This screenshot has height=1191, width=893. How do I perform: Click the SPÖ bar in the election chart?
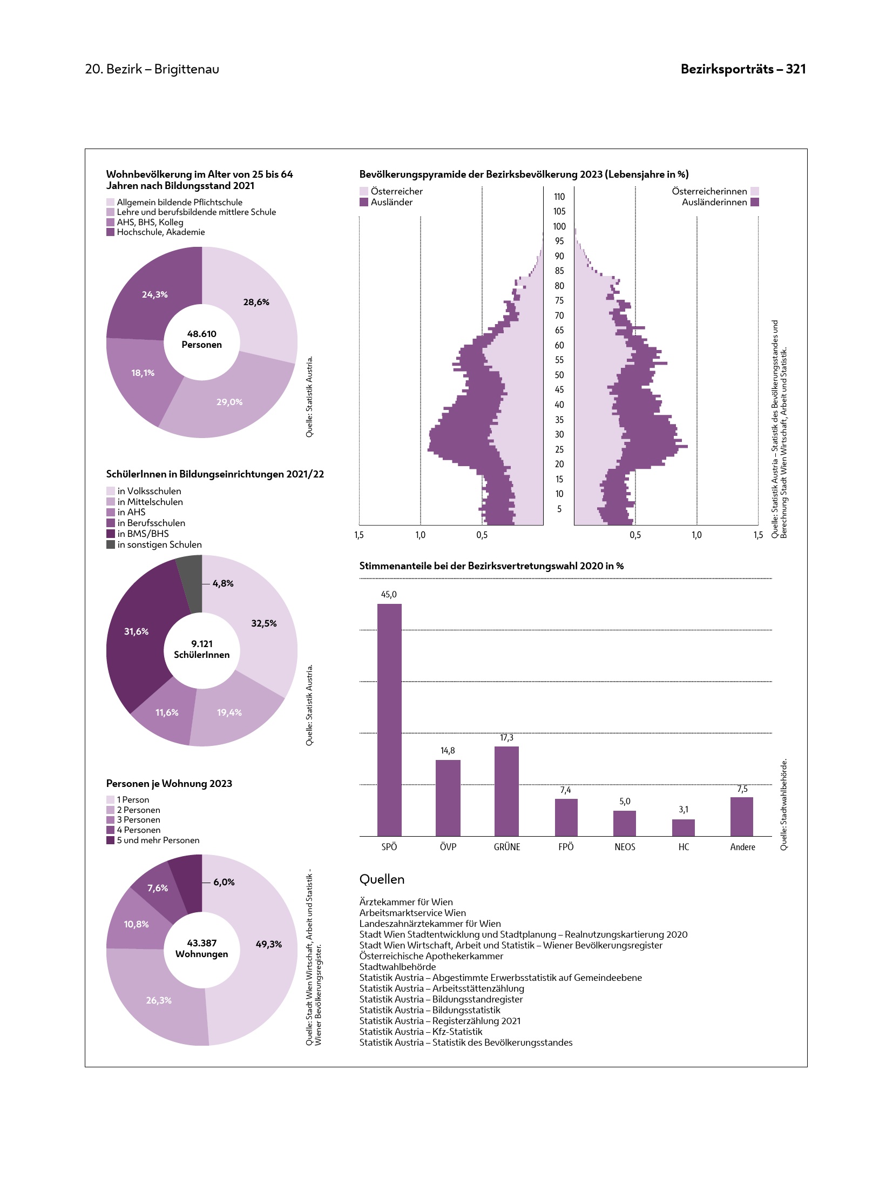(x=389, y=719)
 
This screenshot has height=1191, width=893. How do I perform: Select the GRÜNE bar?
(x=506, y=791)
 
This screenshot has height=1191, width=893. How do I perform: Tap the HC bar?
(x=683, y=827)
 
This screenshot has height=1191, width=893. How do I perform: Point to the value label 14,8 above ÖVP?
(x=448, y=750)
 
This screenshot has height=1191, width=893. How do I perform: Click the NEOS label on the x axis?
(x=625, y=847)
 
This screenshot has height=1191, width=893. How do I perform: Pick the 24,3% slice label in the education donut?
(x=155, y=294)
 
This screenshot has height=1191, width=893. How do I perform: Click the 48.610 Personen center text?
(x=202, y=339)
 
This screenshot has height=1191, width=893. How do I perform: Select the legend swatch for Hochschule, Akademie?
(x=111, y=232)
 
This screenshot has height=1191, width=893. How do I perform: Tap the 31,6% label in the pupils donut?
(x=136, y=631)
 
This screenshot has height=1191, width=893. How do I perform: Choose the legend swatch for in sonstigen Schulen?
(x=111, y=544)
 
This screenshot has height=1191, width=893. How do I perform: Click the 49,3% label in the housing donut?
(x=268, y=944)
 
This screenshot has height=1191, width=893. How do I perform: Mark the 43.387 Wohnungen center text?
(x=202, y=948)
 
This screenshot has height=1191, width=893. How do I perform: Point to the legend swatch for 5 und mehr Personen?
(x=111, y=840)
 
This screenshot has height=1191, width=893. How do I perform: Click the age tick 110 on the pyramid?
(x=559, y=197)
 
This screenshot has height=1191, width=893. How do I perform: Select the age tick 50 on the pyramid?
(x=559, y=375)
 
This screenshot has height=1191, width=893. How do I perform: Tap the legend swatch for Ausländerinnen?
(x=755, y=202)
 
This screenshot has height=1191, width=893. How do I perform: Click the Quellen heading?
(x=382, y=879)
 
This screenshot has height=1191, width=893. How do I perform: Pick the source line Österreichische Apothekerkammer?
(x=431, y=956)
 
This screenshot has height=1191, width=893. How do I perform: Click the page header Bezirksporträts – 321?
(x=743, y=69)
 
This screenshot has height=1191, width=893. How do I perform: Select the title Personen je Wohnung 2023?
(x=169, y=783)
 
